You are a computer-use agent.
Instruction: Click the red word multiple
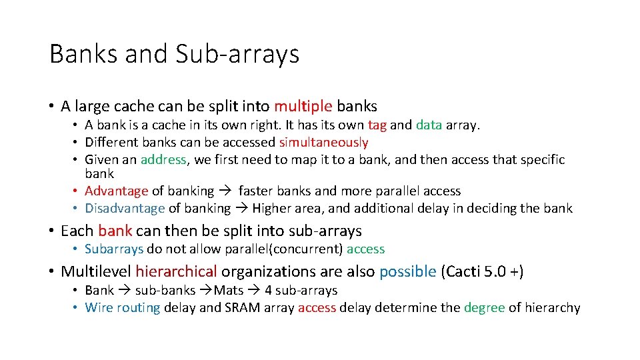(303, 106)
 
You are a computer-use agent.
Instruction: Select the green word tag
(377, 125)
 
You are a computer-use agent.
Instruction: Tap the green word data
(429, 125)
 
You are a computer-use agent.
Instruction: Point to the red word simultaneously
(323, 142)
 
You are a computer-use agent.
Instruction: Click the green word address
(163, 159)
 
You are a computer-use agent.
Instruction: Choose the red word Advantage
(117, 191)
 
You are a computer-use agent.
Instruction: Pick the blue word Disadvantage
(125, 209)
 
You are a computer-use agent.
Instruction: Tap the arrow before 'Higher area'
(241, 209)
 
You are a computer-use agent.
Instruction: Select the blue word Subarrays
(114, 249)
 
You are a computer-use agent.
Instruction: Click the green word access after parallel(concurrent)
(365, 249)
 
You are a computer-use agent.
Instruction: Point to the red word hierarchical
(176, 271)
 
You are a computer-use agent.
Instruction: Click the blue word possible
(407, 271)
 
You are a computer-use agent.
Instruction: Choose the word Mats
(229, 291)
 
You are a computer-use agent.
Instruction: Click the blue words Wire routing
(123, 308)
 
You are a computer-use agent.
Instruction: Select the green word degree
(484, 308)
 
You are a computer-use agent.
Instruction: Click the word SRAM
(242, 308)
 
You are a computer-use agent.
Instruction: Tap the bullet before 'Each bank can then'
(51, 231)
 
